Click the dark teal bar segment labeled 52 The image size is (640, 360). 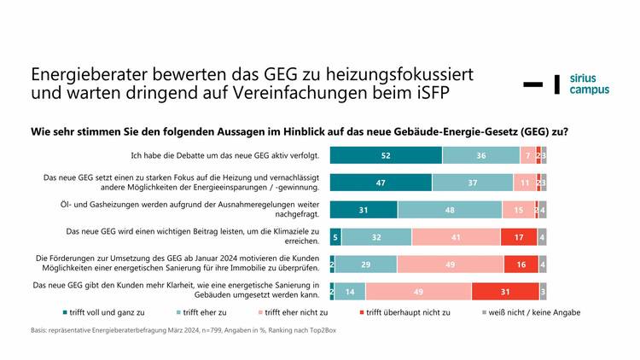click(x=386, y=155)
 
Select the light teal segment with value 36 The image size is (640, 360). click(x=480, y=155)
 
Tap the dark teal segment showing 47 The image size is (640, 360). click(x=381, y=183)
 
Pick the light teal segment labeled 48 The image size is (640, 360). click(x=450, y=210)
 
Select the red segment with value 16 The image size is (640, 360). click(x=521, y=264)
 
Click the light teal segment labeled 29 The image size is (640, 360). click(x=365, y=264)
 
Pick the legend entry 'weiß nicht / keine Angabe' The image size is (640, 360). click(x=530, y=312)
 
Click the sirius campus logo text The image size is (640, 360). click(x=589, y=83)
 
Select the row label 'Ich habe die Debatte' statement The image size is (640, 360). click(x=225, y=155)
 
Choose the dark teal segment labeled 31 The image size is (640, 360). click(x=364, y=210)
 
